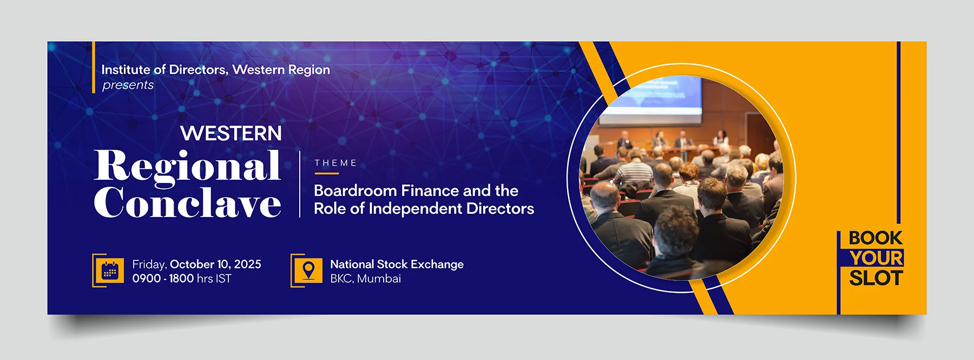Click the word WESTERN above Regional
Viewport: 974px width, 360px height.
[231, 133]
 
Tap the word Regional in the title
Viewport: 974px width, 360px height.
[187, 166]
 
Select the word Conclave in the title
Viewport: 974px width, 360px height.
[187, 202]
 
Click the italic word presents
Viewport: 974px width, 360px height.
[128, 86]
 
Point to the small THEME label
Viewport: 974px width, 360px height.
[335, 163]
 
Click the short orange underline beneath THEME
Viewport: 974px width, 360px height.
[326, 173]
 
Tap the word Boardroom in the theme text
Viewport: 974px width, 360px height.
[356, 191]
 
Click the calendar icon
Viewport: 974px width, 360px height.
[110, 271]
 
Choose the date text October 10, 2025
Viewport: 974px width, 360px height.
[215, 264]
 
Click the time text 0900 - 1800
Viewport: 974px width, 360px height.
[163, 278]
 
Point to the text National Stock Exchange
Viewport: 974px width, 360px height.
[397, 264]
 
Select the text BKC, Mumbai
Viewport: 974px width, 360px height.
[365, 279]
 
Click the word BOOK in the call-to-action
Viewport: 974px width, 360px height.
[875, 238]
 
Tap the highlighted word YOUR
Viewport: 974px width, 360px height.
[876, 258]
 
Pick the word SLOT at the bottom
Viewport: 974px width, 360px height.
[876, 278]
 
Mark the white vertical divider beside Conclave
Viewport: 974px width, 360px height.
[300, 184]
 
